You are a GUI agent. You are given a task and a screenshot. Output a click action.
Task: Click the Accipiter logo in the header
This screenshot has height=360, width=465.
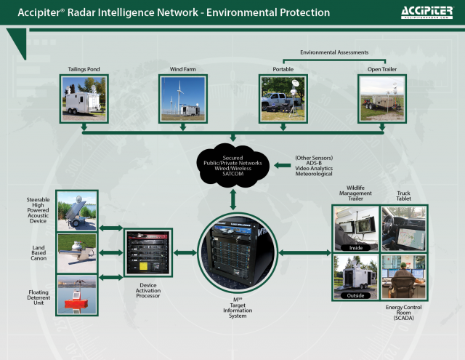[426, 12]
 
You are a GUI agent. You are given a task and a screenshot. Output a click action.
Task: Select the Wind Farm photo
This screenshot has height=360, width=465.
[183, 98]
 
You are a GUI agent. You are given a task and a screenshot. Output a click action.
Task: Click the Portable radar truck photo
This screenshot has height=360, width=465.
[283, 98]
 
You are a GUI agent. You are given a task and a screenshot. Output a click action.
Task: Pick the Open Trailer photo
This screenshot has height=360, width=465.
[382, 98]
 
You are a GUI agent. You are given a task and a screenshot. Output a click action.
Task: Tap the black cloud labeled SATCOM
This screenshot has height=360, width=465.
[233, 167]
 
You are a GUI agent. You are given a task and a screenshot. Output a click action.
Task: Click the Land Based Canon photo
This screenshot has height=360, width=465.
[77, 252]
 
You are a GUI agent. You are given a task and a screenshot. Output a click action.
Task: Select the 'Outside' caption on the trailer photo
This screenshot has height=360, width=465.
[356, 295]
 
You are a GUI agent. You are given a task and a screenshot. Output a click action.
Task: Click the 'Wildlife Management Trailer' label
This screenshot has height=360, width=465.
[356, 193]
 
